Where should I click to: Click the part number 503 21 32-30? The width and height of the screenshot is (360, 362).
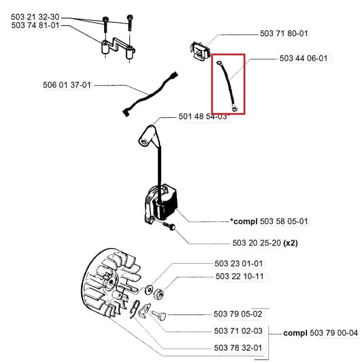pyautogui.click(x=35, y=16)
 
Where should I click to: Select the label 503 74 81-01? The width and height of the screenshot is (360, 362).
pyautogui.click(x=35, y=25)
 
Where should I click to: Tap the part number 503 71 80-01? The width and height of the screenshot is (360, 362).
pyautogui.click(x=284, y=34)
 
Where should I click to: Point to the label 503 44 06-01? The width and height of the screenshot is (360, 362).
pyautogui.click(x=304, y=58)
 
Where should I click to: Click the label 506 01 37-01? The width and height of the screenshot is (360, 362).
pyautogui.click(x=67, y=85)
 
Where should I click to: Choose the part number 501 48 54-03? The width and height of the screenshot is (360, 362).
pyautogui.click(x=203, y=117)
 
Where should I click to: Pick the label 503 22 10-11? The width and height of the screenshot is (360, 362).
pyautogui.click(x=239, y=276)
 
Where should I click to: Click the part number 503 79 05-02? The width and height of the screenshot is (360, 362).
pyautogui.click(x=239, y=314)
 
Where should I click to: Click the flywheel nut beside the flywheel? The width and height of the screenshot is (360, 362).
pyautogui.click(x=159, y=290)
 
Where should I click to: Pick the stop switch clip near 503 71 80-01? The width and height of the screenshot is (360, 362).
pyautogui.click(x=200, y=51)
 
